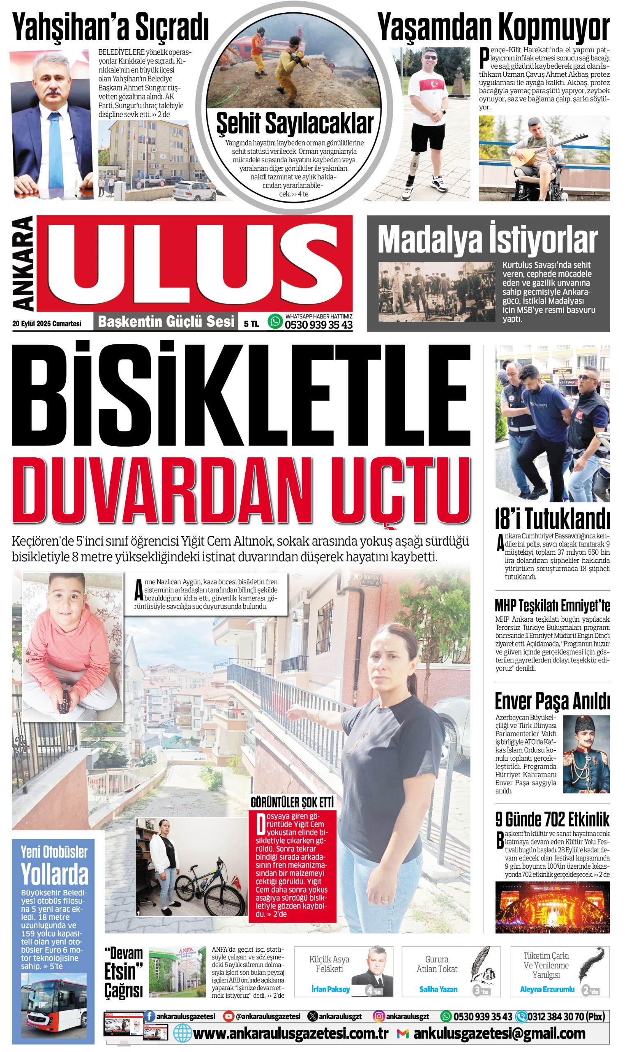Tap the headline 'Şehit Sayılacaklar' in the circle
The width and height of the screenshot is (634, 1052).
coord(295,124)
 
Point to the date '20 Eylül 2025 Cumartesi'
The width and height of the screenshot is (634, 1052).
coord(46,324)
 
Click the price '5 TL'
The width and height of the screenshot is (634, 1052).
coord(251,324)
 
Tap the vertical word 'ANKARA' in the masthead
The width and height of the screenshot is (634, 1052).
coord(23,263)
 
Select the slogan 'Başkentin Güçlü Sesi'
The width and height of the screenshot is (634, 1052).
coord(166,321)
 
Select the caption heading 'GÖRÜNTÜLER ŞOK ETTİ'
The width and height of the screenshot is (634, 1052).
coord(292,802)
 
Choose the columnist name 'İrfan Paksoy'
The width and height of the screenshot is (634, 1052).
coord(330,989)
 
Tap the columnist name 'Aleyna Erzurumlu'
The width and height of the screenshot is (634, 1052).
coord(547,989)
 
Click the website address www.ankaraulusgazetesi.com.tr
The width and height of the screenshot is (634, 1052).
coord(290,1034)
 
